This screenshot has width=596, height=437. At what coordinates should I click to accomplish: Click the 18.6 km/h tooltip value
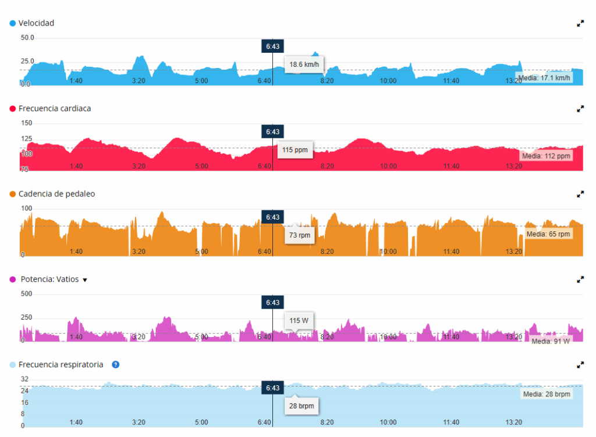coord(304,65)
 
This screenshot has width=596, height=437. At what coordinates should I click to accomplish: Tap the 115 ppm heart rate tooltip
coord(294,150)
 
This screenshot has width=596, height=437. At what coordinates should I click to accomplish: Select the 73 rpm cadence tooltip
coord(300,235)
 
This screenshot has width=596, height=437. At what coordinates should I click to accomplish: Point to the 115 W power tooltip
coord(299,320)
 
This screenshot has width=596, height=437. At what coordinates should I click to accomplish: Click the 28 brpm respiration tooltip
coord(301,406)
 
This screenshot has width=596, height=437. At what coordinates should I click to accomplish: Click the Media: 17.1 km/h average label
coord(544,78)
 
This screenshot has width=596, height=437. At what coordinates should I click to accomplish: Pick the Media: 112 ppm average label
coord(546,156)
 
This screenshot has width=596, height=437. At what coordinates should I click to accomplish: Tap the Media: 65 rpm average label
coord(548,234)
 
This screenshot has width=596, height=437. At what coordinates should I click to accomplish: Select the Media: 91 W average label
coord(550,341)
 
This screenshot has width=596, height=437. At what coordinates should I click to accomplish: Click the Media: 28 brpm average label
coord(545,394)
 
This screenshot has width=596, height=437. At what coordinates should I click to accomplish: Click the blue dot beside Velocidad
coord(12,23)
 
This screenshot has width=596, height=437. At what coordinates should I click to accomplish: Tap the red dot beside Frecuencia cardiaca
coord(12,109)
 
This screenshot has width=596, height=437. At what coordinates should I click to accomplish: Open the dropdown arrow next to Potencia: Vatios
coord(85,280)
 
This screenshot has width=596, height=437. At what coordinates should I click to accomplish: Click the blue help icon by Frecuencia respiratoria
coord(115,364)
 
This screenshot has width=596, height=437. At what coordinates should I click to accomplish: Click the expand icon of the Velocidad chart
coord(580,23)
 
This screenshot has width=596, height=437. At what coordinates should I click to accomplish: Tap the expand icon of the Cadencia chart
coord(580,194)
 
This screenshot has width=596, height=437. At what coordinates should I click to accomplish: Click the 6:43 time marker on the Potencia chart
coord(272,303)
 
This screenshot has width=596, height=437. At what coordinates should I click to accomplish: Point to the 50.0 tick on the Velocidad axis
coord(27,38)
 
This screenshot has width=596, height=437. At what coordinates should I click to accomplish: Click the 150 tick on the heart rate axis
coord(26,123)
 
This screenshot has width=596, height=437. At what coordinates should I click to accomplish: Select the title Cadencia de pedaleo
coord(56,194)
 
